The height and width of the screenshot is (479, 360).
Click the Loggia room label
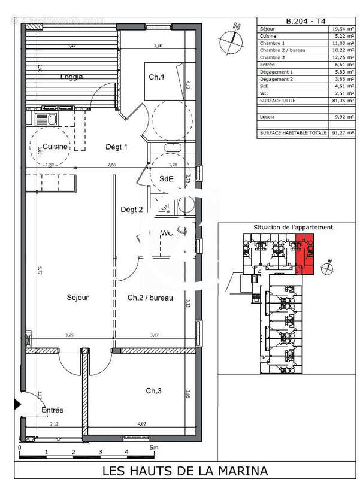point(71,77)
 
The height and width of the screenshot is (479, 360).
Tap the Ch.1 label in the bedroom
point(157,77)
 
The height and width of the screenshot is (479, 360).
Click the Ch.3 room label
point(154,390)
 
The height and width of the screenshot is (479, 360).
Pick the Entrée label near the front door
point(52,410)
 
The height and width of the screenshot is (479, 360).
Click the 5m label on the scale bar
point(155,447)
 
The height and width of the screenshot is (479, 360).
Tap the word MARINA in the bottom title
point(231,470)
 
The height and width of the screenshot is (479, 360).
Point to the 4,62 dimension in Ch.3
point(143,424)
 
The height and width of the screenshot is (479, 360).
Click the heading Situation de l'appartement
point(285,228)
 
